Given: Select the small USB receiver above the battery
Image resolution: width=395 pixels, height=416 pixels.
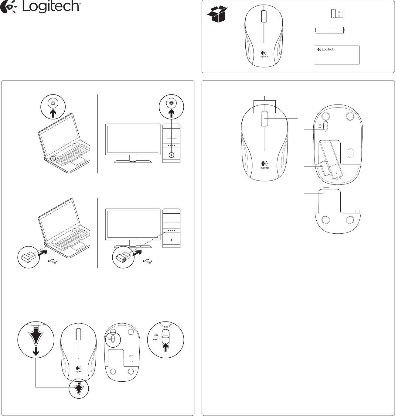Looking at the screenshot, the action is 337,14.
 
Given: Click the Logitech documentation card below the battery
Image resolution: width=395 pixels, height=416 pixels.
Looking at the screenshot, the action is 337,55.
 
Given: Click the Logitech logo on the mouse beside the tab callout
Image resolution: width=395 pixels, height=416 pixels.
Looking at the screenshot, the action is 78,369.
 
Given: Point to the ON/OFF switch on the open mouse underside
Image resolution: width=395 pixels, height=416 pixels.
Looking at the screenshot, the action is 325,126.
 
